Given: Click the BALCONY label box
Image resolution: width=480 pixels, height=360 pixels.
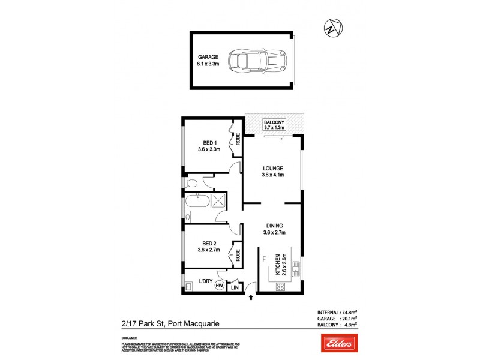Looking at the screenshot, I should (274, 125).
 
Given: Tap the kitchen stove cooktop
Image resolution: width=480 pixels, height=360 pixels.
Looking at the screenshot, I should (280, 287).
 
